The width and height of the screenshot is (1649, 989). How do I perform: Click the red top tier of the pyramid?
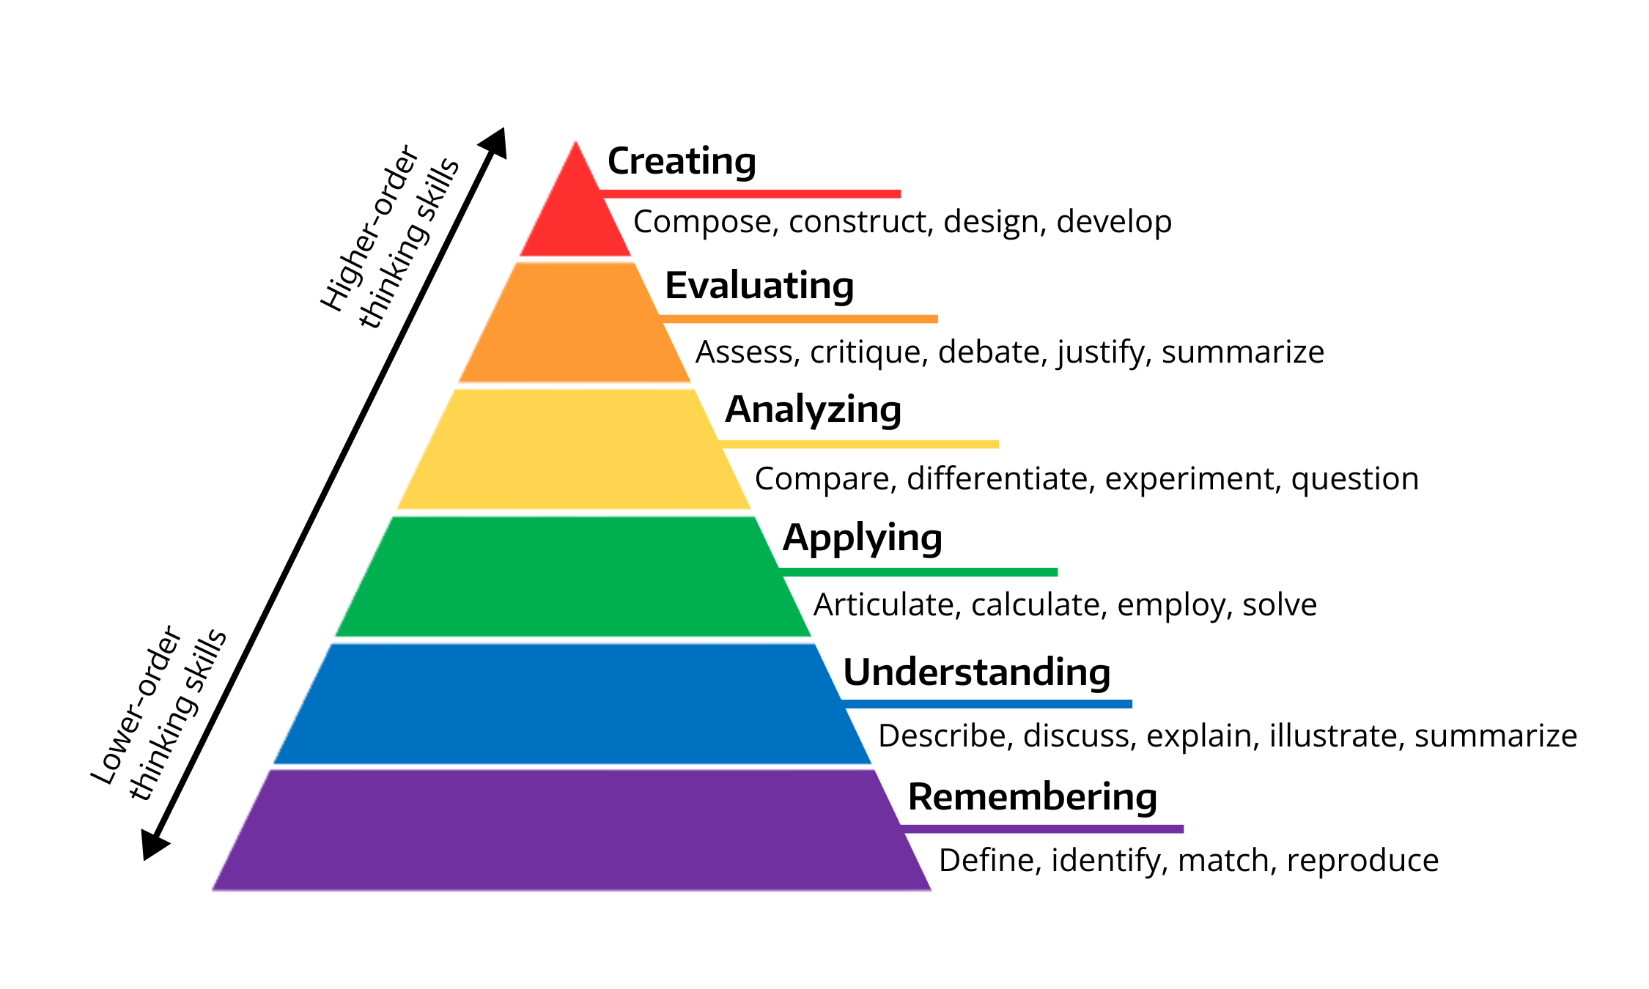(x=575, y=212)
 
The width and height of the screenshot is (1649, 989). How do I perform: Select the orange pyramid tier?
(x=575, y=322)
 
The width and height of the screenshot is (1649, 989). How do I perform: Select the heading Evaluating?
(x=759, y=286)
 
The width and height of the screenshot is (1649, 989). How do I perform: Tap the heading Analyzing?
(x=813, y=410)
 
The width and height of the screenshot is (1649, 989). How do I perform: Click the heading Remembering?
(x=1033, y=796)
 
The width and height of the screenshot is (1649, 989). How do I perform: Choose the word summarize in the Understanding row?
(x=1496, y=736)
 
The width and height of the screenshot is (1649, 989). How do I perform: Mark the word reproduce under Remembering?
(x=1362, y=862)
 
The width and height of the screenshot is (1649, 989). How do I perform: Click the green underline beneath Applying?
(x=918, y=572)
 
